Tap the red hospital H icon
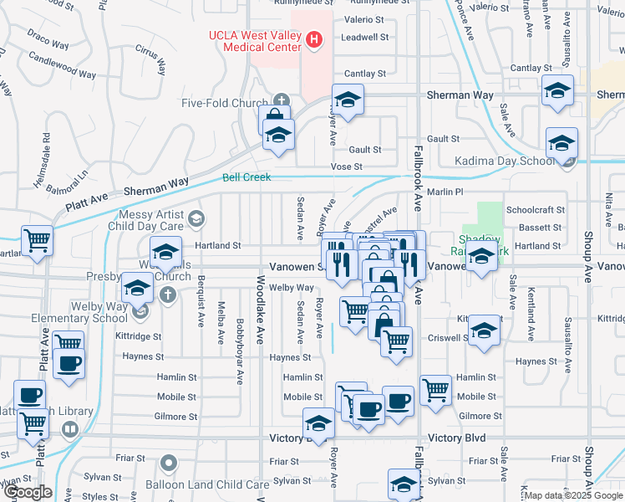click(x=314, y=38)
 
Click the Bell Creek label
click(x=242, y=177)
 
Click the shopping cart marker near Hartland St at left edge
click(x=37, y=241)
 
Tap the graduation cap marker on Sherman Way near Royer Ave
click(x=348, y=99)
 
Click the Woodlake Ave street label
click(x=260, y=306)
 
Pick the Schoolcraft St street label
click(x=536, y=210)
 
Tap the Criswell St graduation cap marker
click(x=483, y=330)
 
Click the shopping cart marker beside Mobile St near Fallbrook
click(x=435, y=388)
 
